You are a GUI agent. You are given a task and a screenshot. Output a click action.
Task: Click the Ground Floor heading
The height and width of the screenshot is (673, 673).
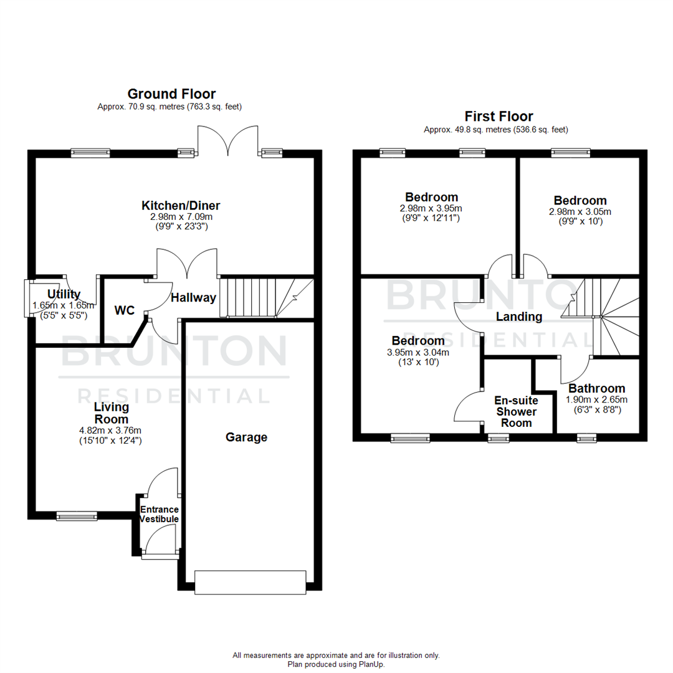(171, 94)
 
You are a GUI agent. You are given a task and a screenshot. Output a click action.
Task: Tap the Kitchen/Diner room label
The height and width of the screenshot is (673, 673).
(181, 206)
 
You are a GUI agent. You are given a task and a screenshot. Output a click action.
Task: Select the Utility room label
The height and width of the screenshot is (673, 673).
(64, 294)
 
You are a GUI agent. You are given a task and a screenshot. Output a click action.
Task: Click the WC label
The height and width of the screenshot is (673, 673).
(124, 310)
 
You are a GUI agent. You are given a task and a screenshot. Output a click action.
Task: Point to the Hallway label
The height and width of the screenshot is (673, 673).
(193, 298)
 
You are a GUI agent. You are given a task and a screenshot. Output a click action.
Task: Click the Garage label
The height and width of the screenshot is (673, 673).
(246, 437)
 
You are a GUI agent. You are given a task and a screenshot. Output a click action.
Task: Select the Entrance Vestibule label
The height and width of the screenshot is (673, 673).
(159, 514)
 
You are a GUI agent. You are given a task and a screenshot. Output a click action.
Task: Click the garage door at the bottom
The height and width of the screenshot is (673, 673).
(250, 582)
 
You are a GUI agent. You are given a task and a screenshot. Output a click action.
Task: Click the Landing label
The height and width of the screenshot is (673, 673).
(518, 317)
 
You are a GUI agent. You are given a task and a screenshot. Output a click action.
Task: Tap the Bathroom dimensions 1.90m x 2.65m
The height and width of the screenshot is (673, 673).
(596, 400)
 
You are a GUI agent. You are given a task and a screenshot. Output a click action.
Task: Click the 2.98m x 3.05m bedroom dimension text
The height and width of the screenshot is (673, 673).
(580, 212)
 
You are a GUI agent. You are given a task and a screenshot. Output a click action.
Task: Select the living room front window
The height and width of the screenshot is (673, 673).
(77, 516)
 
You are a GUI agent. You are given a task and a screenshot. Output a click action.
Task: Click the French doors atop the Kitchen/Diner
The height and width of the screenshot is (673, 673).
(227, 141)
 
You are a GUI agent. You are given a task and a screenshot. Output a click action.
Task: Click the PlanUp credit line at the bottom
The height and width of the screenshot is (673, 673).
(336, 664)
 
